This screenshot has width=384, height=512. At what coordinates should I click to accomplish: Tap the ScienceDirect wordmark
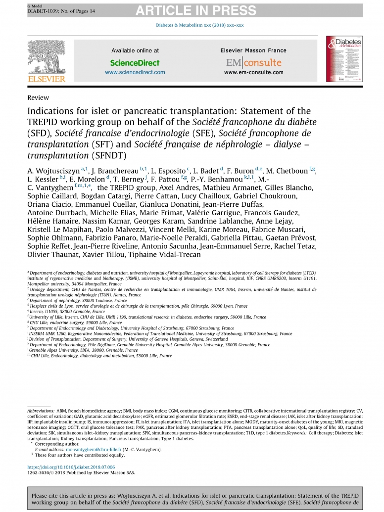pos(135,63)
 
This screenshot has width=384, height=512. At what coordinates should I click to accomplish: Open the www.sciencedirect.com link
pos(135,72)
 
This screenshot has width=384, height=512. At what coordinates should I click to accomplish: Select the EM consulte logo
pos(253,63)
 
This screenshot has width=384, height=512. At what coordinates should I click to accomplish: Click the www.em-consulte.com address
pos(253,72)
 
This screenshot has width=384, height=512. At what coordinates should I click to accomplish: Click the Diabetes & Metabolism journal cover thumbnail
pos(343,59)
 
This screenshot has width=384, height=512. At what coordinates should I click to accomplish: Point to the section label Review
pos(38,97)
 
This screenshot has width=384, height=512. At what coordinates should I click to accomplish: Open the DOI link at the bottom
pos(71,466)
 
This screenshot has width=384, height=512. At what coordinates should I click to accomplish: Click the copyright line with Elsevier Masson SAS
pos(81,472)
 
